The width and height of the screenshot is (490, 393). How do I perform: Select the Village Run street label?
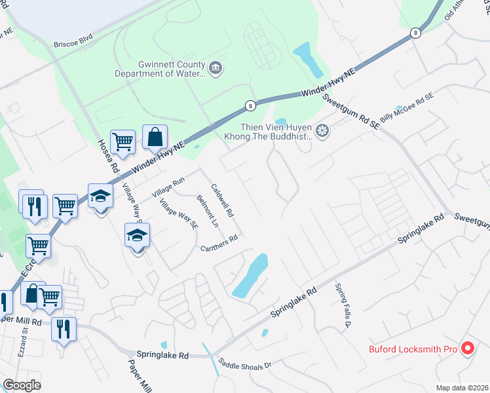point(168,188)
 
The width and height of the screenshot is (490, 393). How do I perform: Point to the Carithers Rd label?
point(219,242)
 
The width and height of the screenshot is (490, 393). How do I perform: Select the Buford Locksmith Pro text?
point(412,349)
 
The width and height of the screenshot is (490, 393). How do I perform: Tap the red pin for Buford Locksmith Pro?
point(468,348)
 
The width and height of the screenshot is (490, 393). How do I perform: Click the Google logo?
point(22,385)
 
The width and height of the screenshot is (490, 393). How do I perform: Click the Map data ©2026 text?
point(462,388)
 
